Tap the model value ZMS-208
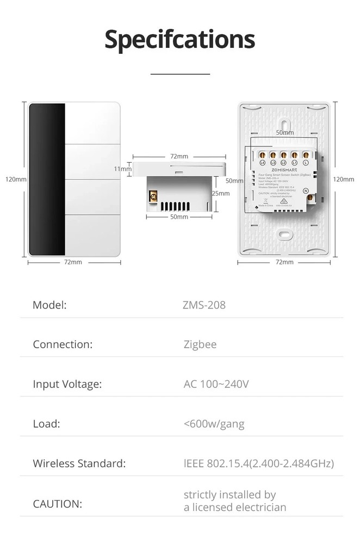(x=204, y=305)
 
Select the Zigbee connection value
(x=200, y=344)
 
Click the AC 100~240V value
(x=216, y=384)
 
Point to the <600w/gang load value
(x=214, y=424)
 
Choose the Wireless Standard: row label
(x=79, y=464)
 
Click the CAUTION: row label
(x=57, y=504)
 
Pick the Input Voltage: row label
(x=67, y=384)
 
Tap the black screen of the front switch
(x=47, y=180)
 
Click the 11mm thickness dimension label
(x=122, y=169)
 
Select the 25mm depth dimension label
(x=220, y=193)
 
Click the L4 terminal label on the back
(x=262, y=163)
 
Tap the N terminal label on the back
(x=306, y=190)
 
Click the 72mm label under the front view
(x=73, y=262)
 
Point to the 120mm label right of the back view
(x=343, y=180)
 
